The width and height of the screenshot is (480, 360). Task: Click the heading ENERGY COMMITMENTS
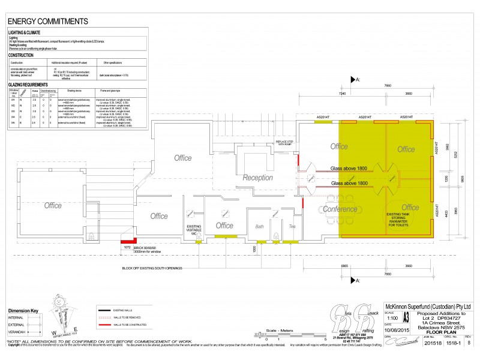click(x=48, y=22)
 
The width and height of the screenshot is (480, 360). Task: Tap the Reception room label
click(x=257, y=178)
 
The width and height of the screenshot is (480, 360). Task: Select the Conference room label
click(x=340, y=209)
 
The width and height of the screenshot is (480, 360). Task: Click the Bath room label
click(x=260, y=226)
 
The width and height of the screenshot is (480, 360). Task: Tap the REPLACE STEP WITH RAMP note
click(x=284, y=142)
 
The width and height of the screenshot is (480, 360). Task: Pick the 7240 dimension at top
click(x=343, y=94)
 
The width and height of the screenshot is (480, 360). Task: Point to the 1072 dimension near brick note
click(x=127, y=247)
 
